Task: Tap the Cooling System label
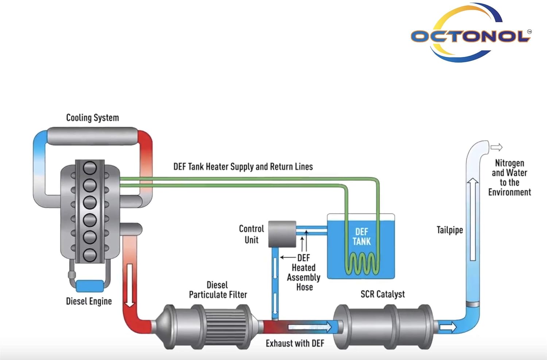click(x=92, y=118)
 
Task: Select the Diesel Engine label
click(x=89, y=301)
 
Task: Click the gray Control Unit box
click(x=282, y=234)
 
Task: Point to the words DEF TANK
click(x=361, y=236)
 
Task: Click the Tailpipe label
click(x=450, y=230)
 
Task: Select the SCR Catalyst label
click(x=383, y=294)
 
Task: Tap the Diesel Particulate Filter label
click(x=218, y=290)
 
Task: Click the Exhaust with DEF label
click(x=295, y=343)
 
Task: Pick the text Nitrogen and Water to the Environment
click(x=509, y=177)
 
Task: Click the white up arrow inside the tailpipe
click(x=473, y=219)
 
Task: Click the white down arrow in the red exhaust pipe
click(x=130, y=284)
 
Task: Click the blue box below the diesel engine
click(x=90, y=286)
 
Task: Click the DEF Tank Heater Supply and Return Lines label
click(x=243, y=167)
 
